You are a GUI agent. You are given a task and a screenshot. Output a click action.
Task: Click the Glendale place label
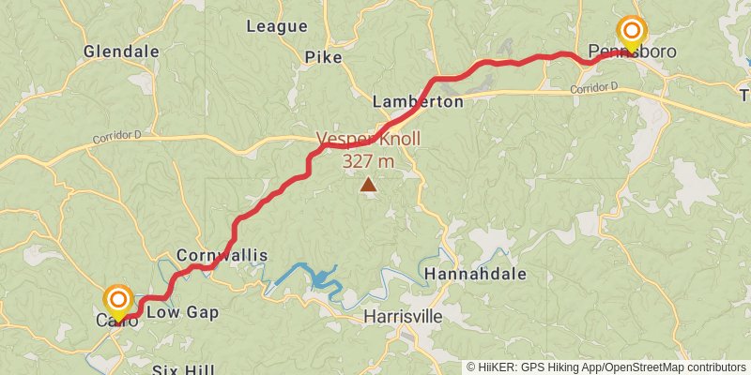pyautogui.click(x=121, y=52)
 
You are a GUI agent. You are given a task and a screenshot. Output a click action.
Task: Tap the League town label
pyautogui.click(x=276, y=26)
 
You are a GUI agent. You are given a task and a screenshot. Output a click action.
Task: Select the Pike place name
pyautogui.click(x=323, y=57)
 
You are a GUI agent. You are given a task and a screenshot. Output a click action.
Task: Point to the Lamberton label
pyautogui.click(x=418, y=101)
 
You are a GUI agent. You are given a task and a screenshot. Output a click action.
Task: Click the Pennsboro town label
pyautogui.click(x=632, y=52)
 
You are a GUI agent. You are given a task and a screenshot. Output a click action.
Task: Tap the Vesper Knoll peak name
pyautogui.click(x=368, y=140)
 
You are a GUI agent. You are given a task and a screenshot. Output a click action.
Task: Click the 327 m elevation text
pyautogui.click(x=368, y=161)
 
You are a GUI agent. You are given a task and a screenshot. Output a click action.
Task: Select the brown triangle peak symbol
pyautogui.click(x=369, y=185)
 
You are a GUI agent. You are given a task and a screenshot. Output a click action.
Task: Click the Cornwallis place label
pyautogui.click(x=222, y=255)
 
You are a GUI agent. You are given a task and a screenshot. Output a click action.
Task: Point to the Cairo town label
pyautogui.click(x=117, y=321)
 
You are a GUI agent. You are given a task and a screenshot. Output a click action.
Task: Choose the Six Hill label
pyautogui.click(x=182, y=369)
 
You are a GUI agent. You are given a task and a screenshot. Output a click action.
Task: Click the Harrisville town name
pyautogui.click(x=403, y=317)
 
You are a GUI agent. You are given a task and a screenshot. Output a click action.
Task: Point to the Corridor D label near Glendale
pyautogui.click(x=116, y=137)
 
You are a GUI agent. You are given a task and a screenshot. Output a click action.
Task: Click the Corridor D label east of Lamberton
pyautogui.click(x=594, y=89)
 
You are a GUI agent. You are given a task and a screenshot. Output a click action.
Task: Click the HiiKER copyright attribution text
pyautogui.click(x=606, y=367)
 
